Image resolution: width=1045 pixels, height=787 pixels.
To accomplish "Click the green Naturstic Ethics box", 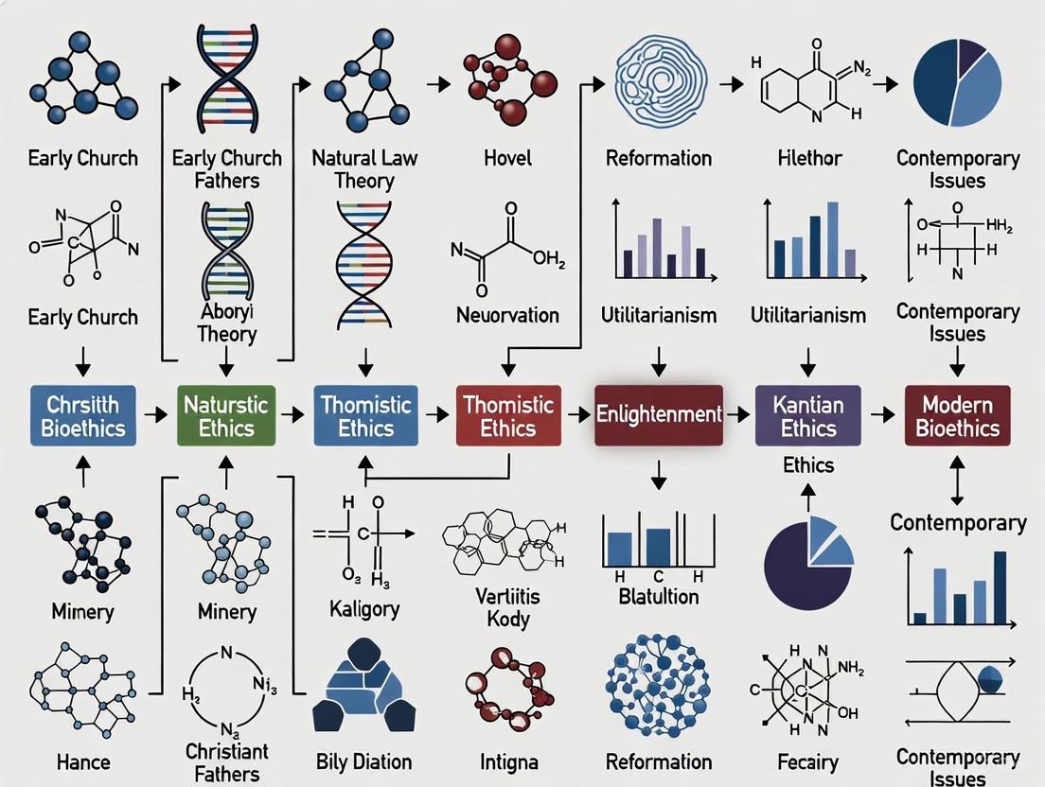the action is coord(225,416).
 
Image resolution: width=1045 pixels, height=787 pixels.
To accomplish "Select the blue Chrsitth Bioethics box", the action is coord(82,416).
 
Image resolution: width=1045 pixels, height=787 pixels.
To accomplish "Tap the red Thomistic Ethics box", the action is coord(508,416).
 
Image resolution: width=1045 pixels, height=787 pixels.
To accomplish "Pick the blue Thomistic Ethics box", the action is coord(365,416).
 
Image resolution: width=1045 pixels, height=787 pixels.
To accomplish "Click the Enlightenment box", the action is coord(659,414).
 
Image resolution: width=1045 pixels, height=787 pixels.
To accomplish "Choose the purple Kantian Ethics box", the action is coord(808,416).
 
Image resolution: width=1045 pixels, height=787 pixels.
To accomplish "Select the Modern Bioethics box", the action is coord(957,416).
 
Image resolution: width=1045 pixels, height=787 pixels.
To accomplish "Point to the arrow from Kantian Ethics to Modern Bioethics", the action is coord(882,415).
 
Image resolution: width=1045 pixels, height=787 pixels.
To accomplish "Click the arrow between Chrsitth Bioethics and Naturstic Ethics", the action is coord(154,415).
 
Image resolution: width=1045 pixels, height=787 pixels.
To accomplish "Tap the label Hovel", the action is coord(508,158).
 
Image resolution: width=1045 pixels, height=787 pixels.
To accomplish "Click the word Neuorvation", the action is coord(507,315).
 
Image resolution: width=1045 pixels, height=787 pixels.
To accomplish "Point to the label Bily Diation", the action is coord(363,761).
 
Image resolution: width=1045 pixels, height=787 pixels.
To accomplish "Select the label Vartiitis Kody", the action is coord(507,608).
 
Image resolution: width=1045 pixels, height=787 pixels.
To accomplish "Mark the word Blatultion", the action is coord(659,596).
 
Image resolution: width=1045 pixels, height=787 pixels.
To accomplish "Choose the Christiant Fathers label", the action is coord(226,762).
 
